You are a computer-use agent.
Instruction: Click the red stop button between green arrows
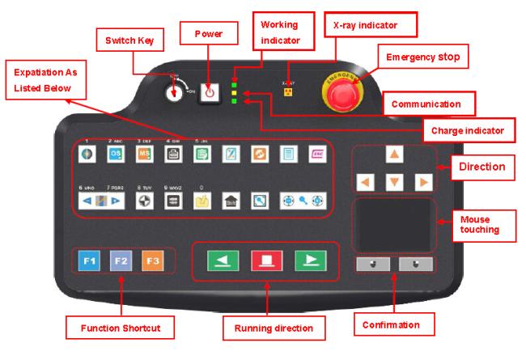pyautogui.click(x=264, y=260)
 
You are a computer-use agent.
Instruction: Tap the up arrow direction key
pyautogui.click(x=392, y=155)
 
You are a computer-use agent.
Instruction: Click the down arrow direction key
pyautogui.click(x=392, y=182)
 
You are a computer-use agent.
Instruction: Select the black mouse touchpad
pyautogui.click(x=392, y=225)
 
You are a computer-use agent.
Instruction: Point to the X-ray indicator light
pyautogui.click(x=286, y=91)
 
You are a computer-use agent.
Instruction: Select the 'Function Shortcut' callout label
pyautogui.click(x=120, y=327)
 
